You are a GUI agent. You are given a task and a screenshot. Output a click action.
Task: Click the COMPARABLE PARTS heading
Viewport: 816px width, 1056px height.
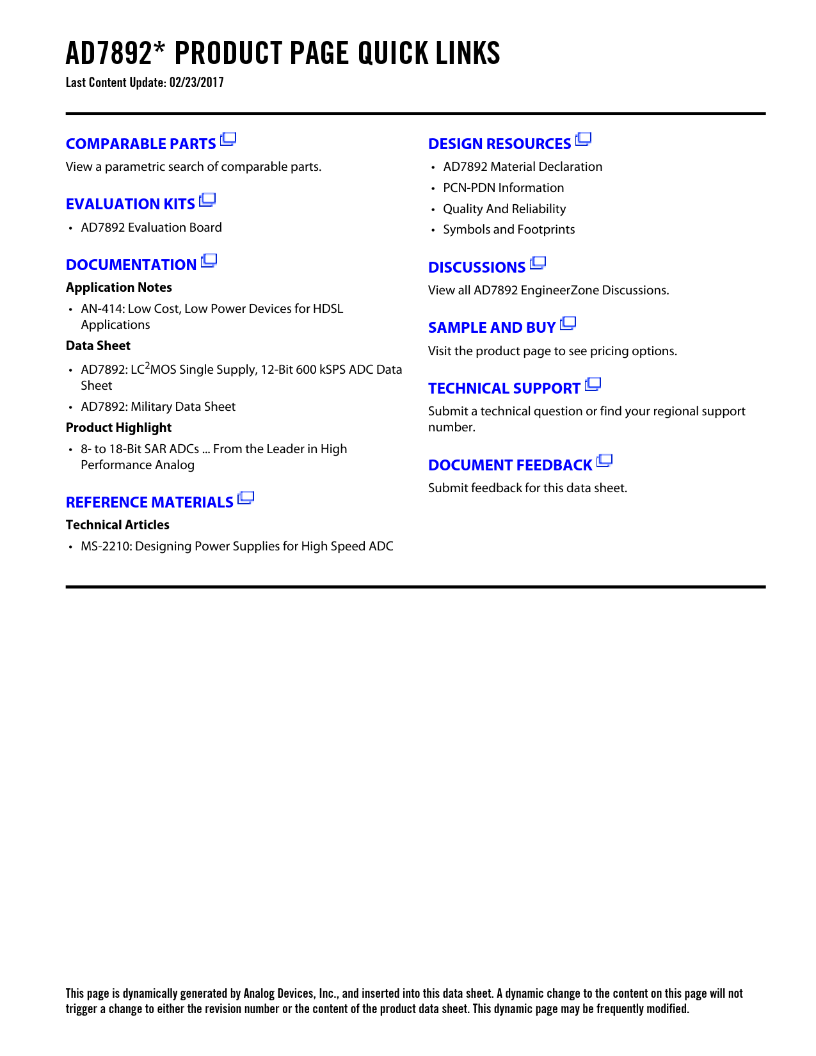[141, 144]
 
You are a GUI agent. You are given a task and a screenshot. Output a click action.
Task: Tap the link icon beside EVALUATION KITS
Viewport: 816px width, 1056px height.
[207, 200]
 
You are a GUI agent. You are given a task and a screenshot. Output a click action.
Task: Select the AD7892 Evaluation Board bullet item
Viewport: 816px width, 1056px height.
[151, 228]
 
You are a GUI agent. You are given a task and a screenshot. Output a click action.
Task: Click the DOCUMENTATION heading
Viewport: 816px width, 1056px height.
[131, 265]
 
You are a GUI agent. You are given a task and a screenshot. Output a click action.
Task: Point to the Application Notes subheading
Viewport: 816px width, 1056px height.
[119, 287]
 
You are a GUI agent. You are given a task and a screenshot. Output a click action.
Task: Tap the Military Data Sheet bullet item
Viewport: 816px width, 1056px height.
[158, 407]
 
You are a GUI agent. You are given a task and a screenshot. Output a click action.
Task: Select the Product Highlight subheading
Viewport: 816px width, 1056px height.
[119, 428]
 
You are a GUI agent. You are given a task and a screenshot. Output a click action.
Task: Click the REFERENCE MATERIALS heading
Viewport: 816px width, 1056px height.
[150, 502]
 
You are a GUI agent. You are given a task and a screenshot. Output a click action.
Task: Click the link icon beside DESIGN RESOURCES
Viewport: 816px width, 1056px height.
[583, 139]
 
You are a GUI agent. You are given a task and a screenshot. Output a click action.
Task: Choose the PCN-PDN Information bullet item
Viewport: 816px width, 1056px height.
[504, 188]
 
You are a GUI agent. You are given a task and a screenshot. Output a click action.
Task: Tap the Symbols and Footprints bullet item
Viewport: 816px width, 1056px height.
[509, 230]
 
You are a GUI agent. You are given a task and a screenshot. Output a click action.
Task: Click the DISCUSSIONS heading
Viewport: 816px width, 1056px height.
[477, 268]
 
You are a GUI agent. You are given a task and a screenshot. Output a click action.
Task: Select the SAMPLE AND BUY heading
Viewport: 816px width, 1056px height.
[492, 328]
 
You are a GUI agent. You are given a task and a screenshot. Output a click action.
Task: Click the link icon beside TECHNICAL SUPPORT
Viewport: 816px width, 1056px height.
[593, 384]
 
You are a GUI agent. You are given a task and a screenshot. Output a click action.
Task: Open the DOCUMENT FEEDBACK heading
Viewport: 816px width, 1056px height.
[510, 465]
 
